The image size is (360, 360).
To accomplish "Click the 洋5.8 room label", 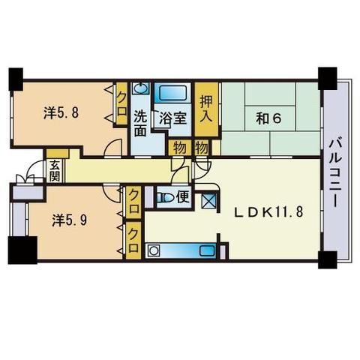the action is point(61,112).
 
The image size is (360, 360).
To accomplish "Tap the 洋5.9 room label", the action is point(70,220).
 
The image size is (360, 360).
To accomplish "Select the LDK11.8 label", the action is point(268,212).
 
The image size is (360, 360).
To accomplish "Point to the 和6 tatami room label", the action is point(268,118).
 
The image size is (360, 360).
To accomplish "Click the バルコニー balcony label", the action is point(335,173).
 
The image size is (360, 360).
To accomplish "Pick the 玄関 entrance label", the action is point(55,171).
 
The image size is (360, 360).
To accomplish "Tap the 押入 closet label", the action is point(206,109).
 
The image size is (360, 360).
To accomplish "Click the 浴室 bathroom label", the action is point(173,118).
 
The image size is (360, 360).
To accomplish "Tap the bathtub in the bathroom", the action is point(172,93).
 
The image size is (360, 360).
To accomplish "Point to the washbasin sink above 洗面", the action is point(140,88).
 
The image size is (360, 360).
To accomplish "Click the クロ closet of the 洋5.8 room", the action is point(121,103).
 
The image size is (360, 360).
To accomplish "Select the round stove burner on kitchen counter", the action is point(153,250).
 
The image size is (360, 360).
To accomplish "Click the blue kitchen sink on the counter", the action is point(208,250).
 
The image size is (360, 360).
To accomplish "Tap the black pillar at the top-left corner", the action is point(16,79).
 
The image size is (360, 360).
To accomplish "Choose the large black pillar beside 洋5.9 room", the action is point(22,250).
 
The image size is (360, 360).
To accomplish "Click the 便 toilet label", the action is point(184,197).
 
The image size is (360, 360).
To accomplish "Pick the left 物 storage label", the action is point(180,148).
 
